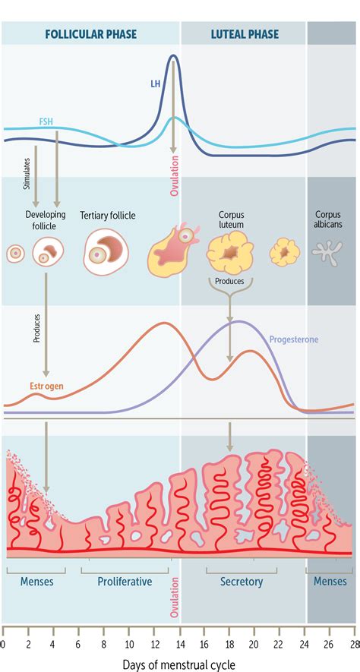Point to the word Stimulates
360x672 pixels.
pos(25,174)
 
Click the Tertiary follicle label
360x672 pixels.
pos(108,216)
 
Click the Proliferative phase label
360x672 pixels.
pos(125,582)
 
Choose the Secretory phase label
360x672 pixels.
pos(242,582)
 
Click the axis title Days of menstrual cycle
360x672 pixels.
pos(178,664)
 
